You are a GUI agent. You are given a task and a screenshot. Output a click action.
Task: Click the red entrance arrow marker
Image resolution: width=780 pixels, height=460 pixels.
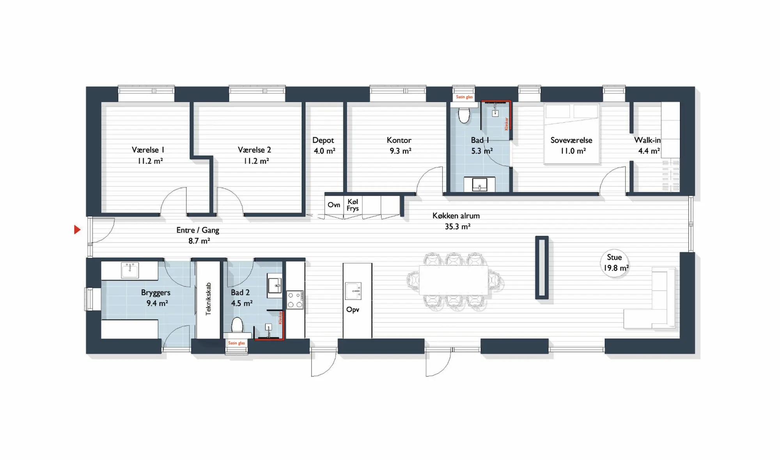(x=77, y=230)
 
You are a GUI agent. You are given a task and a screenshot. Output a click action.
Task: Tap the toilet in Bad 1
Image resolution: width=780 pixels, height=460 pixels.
(x=464, y=115)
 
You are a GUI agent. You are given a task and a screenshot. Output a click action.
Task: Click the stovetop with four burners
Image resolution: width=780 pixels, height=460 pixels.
(x=295, y=300)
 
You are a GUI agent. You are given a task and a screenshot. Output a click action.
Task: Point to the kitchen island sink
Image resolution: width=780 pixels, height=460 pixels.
(x=353, y=291)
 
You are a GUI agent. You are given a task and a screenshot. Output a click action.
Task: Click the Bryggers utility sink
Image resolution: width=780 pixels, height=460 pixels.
(x=130, y=270)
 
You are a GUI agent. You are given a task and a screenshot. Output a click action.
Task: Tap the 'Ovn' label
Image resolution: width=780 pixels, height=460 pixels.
(x=334, y=205)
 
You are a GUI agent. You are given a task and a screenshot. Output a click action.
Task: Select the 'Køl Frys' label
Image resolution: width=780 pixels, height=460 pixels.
(x=353, y=205)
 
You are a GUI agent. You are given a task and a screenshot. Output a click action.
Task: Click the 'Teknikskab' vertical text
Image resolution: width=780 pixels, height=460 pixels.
(x=208, y=299)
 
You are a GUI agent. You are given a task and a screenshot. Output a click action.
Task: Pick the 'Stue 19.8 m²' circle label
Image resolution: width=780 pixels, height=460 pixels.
(x=615, y=263)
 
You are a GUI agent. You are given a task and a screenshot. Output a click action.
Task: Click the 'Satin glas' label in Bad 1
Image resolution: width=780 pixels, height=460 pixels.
(x=464, y=97)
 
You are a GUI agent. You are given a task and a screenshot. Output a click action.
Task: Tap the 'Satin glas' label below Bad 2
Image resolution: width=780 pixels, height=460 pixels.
(x=236, y=343)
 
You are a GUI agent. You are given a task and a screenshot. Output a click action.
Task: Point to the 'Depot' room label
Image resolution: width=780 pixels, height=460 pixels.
(x=323, y=140)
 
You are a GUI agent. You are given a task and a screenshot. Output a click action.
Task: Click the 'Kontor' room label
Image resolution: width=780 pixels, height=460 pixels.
(x=399, y=140)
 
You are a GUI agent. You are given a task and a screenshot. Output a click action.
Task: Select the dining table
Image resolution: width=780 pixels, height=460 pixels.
(x=454, y=280)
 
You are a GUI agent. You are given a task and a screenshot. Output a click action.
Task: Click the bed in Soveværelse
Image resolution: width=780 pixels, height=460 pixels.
(x=571, y=133)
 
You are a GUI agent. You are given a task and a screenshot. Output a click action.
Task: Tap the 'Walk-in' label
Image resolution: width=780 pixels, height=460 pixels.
(x=647, y=140)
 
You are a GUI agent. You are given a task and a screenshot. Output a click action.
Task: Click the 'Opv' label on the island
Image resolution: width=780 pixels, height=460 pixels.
(x=353, y=310)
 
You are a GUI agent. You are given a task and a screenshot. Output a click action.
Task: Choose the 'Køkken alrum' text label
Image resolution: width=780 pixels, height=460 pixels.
(x=456, y=216)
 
